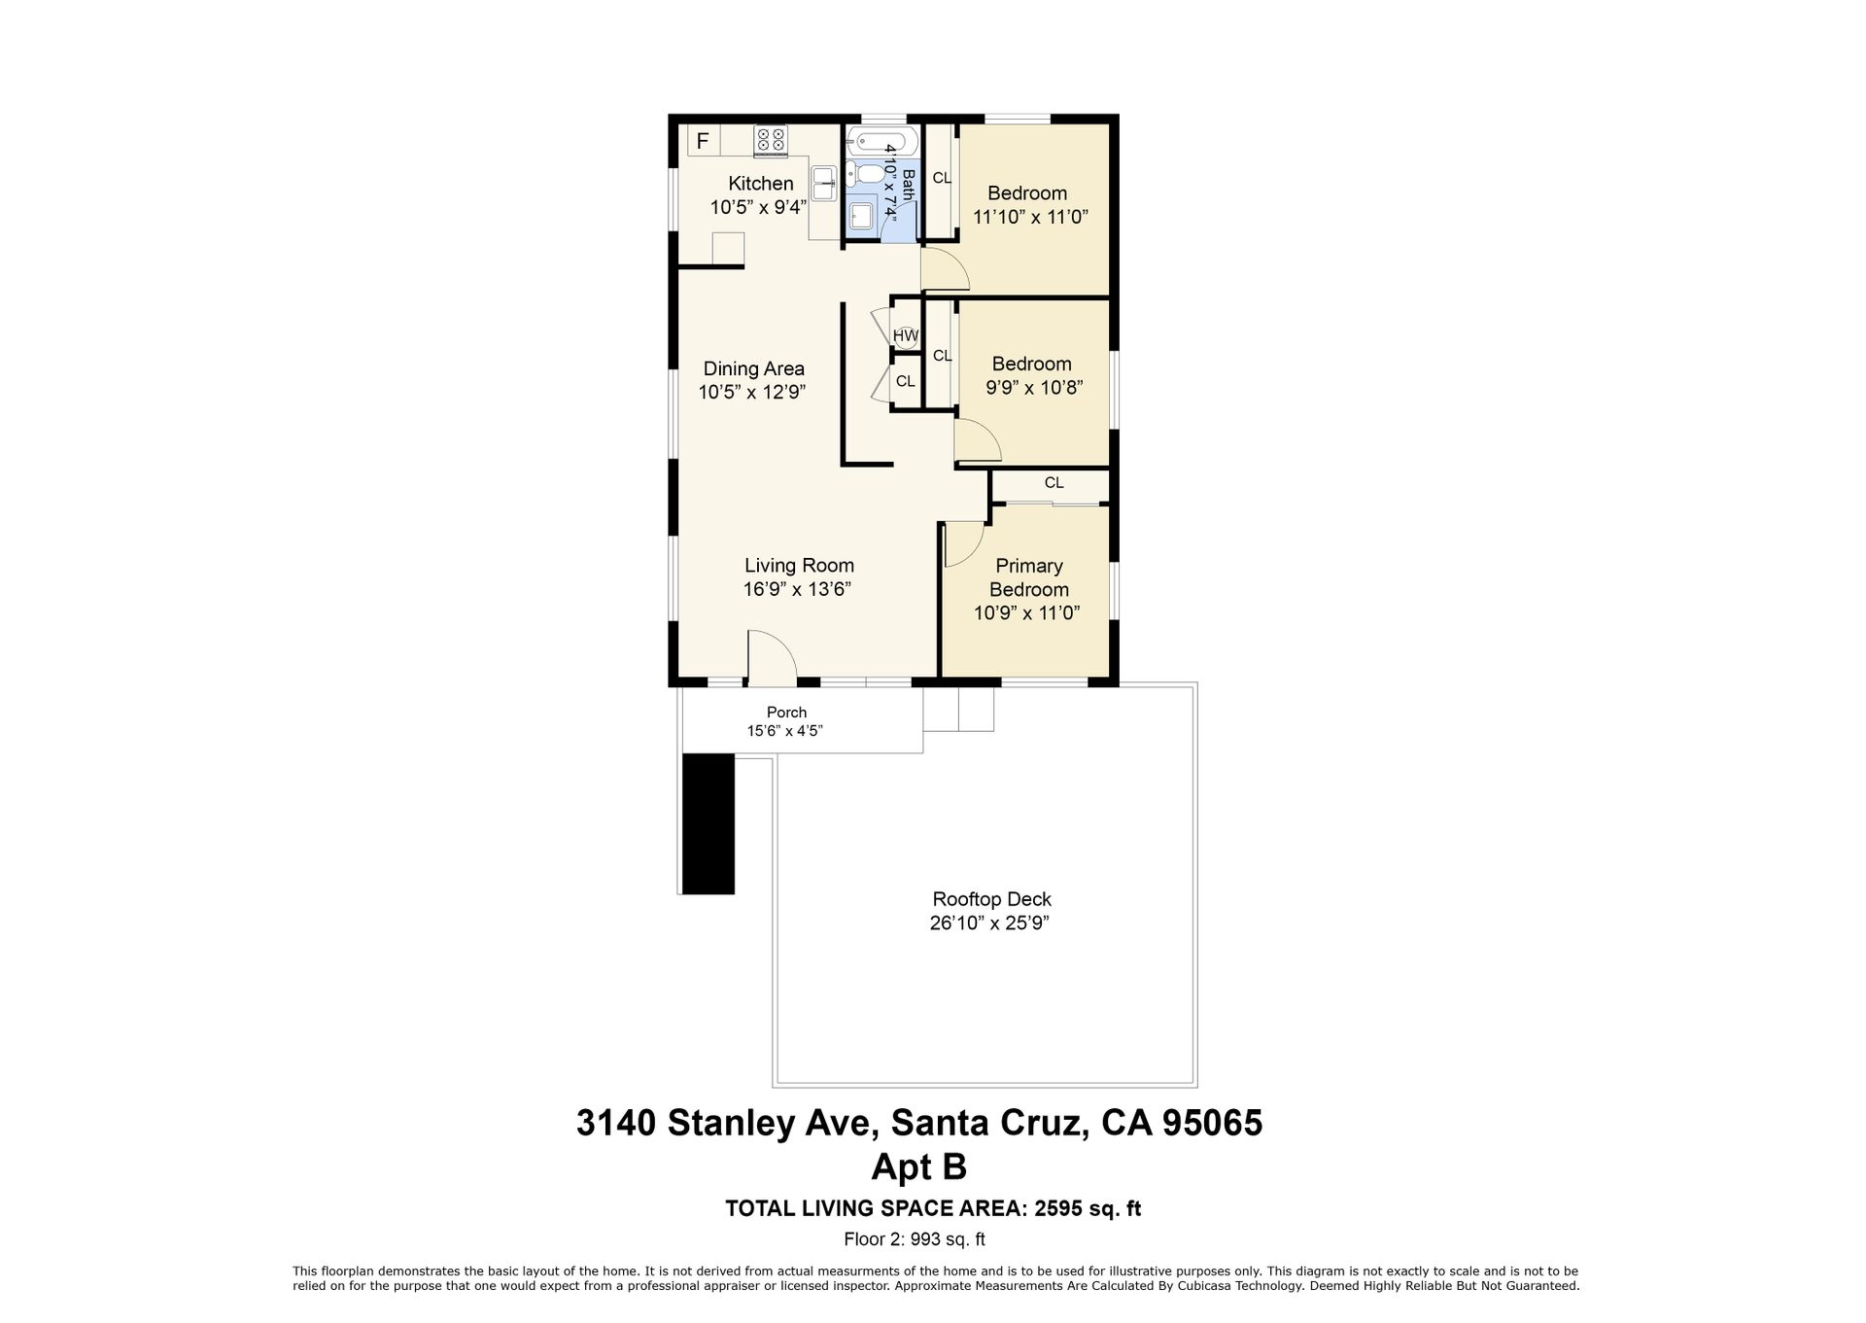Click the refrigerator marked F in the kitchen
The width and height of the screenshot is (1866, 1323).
(703, 140)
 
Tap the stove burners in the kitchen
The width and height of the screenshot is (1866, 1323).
(771, 140)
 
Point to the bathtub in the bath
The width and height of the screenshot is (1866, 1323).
(882, 142)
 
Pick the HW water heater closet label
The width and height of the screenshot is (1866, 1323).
(906, 336)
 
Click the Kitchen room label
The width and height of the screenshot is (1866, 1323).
(761, 184)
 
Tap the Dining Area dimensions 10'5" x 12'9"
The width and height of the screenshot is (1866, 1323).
(752, 392)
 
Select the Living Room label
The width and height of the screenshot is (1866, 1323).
(799, 565)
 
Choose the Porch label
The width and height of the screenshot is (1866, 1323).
(786, 713)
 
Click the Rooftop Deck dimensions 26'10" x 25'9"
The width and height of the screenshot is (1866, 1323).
(989, 923)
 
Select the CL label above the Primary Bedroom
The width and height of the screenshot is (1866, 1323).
(1054, 483)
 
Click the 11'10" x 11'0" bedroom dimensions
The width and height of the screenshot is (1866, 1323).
(1030, 217)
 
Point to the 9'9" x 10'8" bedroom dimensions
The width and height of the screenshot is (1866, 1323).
(1034, 387)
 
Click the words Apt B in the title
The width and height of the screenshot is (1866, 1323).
(918, 1166)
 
